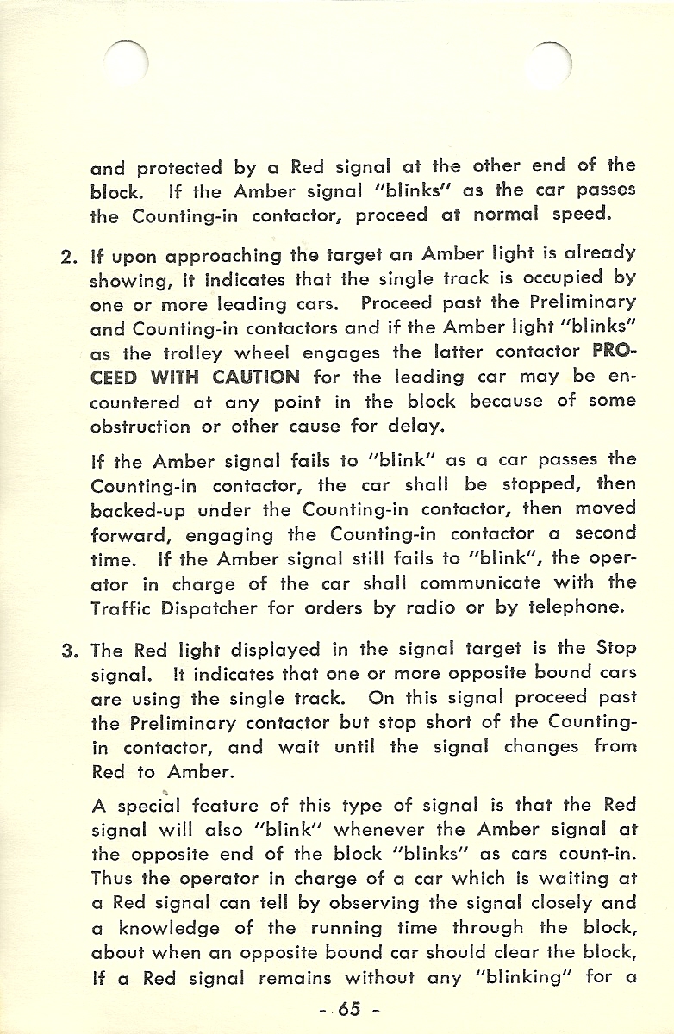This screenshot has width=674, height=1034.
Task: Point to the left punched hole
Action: tap(127, 64)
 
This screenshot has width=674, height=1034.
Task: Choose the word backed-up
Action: tap(139, 508)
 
